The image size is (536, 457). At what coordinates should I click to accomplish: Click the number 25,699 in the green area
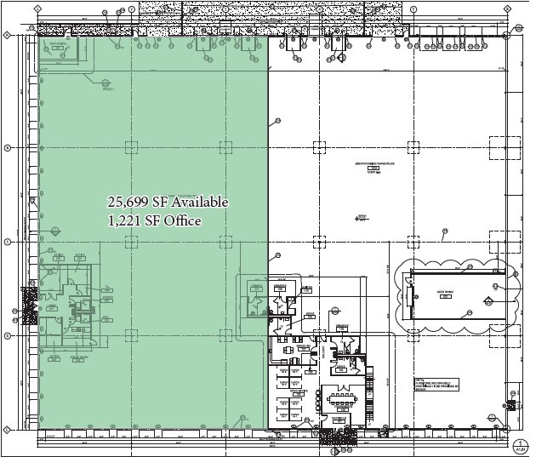click(125, 203)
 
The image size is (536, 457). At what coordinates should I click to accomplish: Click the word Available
click(201, 203)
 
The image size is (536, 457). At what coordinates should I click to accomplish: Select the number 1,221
click(124, 221)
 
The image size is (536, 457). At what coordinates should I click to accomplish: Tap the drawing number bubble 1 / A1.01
click(519, 447)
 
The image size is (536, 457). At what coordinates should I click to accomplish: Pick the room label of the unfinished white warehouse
click(372, 166)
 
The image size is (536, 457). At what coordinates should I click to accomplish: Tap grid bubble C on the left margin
click(7, 242)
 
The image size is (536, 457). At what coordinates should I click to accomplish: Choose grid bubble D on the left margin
click(7, 335)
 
